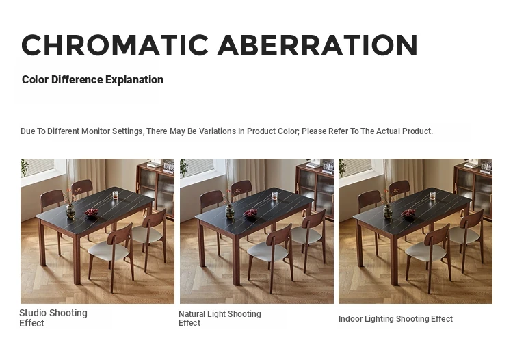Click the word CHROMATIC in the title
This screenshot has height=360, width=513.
115,45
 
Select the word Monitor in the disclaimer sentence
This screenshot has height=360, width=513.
96,131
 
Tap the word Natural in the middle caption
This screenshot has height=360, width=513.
192,314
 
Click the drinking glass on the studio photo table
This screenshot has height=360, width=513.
115,195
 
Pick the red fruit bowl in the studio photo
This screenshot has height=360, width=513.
91,213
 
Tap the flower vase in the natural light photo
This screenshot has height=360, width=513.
230,211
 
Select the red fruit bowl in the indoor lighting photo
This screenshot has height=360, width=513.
408,214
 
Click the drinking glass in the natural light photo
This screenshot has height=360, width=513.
274,196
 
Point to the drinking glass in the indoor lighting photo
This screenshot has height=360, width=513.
432,196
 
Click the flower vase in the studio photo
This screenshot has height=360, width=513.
70,211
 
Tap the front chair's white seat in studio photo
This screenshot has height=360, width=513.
109,252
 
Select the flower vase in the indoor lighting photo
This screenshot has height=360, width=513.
388,211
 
